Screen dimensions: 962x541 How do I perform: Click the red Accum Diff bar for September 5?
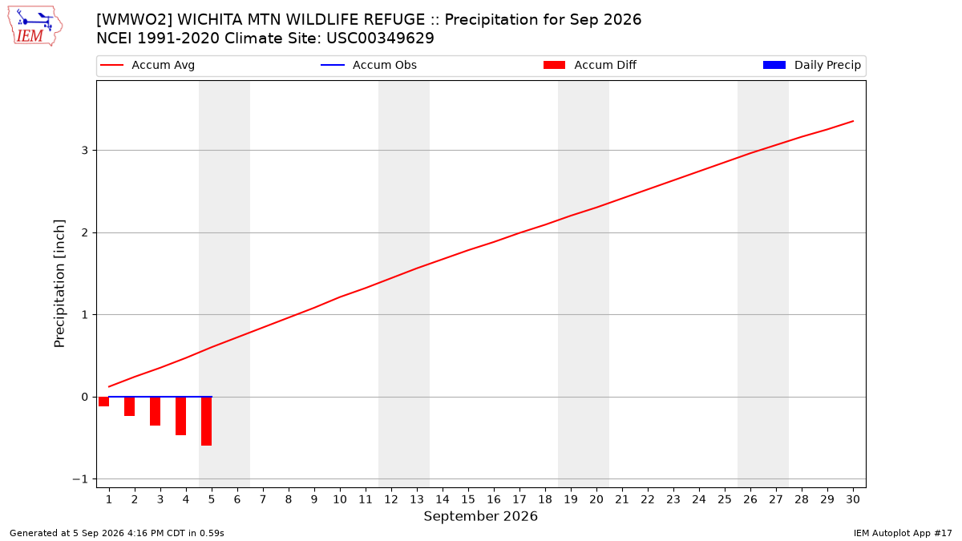pyautogui.click(x=207, y=422)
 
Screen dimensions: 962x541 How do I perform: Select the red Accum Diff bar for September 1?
pyautogui.click(x=104, y=402)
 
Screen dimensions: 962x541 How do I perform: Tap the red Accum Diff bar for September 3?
pyautogui.click(x=155, y=411)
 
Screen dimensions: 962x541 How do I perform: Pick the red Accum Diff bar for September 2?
pyautogui.click(x=130, y=406)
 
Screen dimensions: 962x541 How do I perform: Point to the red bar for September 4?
pyautogui.click(x=181, y=416)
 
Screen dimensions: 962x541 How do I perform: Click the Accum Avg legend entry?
pyautogui.click(x=148, y=65)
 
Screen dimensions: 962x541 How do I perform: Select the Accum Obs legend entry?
pyautogui.click(x=369, y=65)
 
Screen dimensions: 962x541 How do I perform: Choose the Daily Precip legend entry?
pyautogui.click(x=812, y=65)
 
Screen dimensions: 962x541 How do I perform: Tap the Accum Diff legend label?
pyautogui.click(x=605, y=65)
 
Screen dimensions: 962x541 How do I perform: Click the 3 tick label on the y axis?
pyautogui.click(x=85, y=151)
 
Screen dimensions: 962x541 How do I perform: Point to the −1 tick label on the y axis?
pyautogui.click(x=80, y=479)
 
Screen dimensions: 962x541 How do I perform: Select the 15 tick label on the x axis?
pyautogui.click(x=468, y=499)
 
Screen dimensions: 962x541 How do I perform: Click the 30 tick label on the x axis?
pyautogui.click(x=853, y=499)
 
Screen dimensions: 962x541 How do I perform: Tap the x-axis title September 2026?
pyautogui.click(x=480, y=516)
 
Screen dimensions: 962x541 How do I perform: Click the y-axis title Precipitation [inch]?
pyautogui.click(x=59, y=284)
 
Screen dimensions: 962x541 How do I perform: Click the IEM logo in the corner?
pyautogui.click(x=35, y=26)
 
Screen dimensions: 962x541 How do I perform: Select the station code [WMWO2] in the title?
pyautogui.click(x=134, y=20)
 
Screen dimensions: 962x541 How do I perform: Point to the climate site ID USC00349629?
pyautogui.click(x=380, y=38)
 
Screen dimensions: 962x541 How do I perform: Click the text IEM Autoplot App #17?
pyautogui.click(x=903, y=533)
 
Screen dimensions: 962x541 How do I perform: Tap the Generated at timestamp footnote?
pyautogui.click(x=117, y=533)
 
